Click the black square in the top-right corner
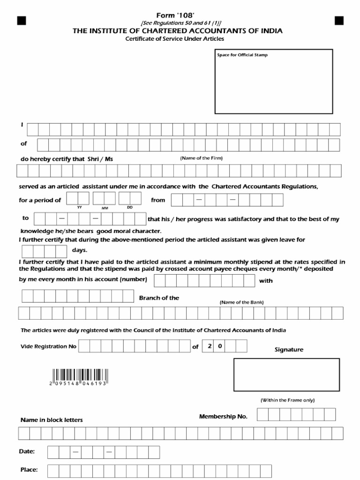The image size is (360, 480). [339, 20]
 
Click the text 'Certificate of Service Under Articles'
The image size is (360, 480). [174, 39]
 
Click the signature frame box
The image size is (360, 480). [286, 375]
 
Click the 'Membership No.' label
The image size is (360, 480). [223, 416]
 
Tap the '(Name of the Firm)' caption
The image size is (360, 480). [202, 158]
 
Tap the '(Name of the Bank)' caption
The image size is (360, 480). [241, 302]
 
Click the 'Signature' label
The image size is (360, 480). [289, 350]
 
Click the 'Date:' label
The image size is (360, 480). [27, 451]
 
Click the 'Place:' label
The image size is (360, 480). [29, 470]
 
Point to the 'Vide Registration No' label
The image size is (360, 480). [48, 347]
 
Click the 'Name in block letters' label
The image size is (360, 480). [52, 420]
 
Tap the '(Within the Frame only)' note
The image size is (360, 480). [287, 400]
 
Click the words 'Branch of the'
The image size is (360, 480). [159, 298]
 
